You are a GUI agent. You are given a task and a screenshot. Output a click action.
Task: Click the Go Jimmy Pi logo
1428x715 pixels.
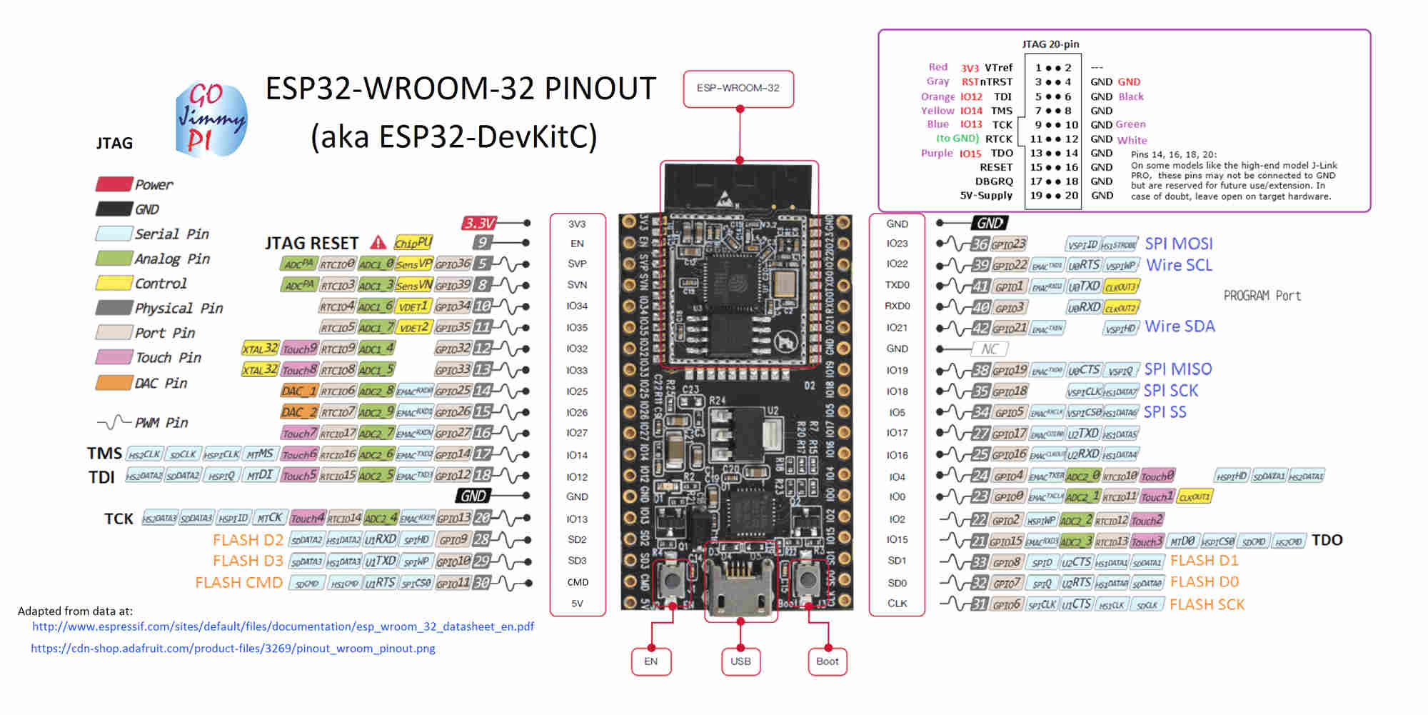click(211, 119)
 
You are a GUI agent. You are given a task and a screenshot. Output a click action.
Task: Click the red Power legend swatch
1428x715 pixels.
click(114, 184)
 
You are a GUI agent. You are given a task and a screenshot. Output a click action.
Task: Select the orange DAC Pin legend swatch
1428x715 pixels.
click(114, 383)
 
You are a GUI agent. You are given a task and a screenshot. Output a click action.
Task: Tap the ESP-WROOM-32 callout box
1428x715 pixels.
click(738, 89)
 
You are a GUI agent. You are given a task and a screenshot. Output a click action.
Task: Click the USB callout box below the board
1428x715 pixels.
click(740, 661)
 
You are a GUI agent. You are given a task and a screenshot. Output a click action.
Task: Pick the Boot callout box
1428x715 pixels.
click(828, 661)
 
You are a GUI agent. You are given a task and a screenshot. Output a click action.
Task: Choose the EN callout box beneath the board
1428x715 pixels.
click(650, 661)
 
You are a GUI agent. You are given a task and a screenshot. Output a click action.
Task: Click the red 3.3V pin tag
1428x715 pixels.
click(479, 223)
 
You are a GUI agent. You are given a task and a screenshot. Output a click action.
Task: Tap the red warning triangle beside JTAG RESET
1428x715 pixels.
click(378, 243)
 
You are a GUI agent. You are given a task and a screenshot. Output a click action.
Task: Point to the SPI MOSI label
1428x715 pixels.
click(1179, 244)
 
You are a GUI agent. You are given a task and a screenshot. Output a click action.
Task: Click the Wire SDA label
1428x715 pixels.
click(1180, 327)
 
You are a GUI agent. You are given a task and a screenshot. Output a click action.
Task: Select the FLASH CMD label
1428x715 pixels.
click(238, 583)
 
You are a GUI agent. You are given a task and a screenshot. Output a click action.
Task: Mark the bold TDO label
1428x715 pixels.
click(1327, 540)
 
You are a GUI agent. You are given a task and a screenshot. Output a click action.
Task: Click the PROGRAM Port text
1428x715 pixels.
click(1262, 296)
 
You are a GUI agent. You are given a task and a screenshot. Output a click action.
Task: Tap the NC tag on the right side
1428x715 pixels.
click(989, 349)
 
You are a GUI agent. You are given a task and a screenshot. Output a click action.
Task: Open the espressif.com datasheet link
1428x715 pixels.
click(283, 626)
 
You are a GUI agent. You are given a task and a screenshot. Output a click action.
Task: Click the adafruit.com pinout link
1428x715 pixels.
click(233, 649)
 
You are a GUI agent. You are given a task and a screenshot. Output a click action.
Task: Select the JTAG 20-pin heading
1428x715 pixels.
click(1050, 44)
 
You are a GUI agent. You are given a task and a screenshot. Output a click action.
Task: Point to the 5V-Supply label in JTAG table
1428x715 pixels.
click(986, 196)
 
